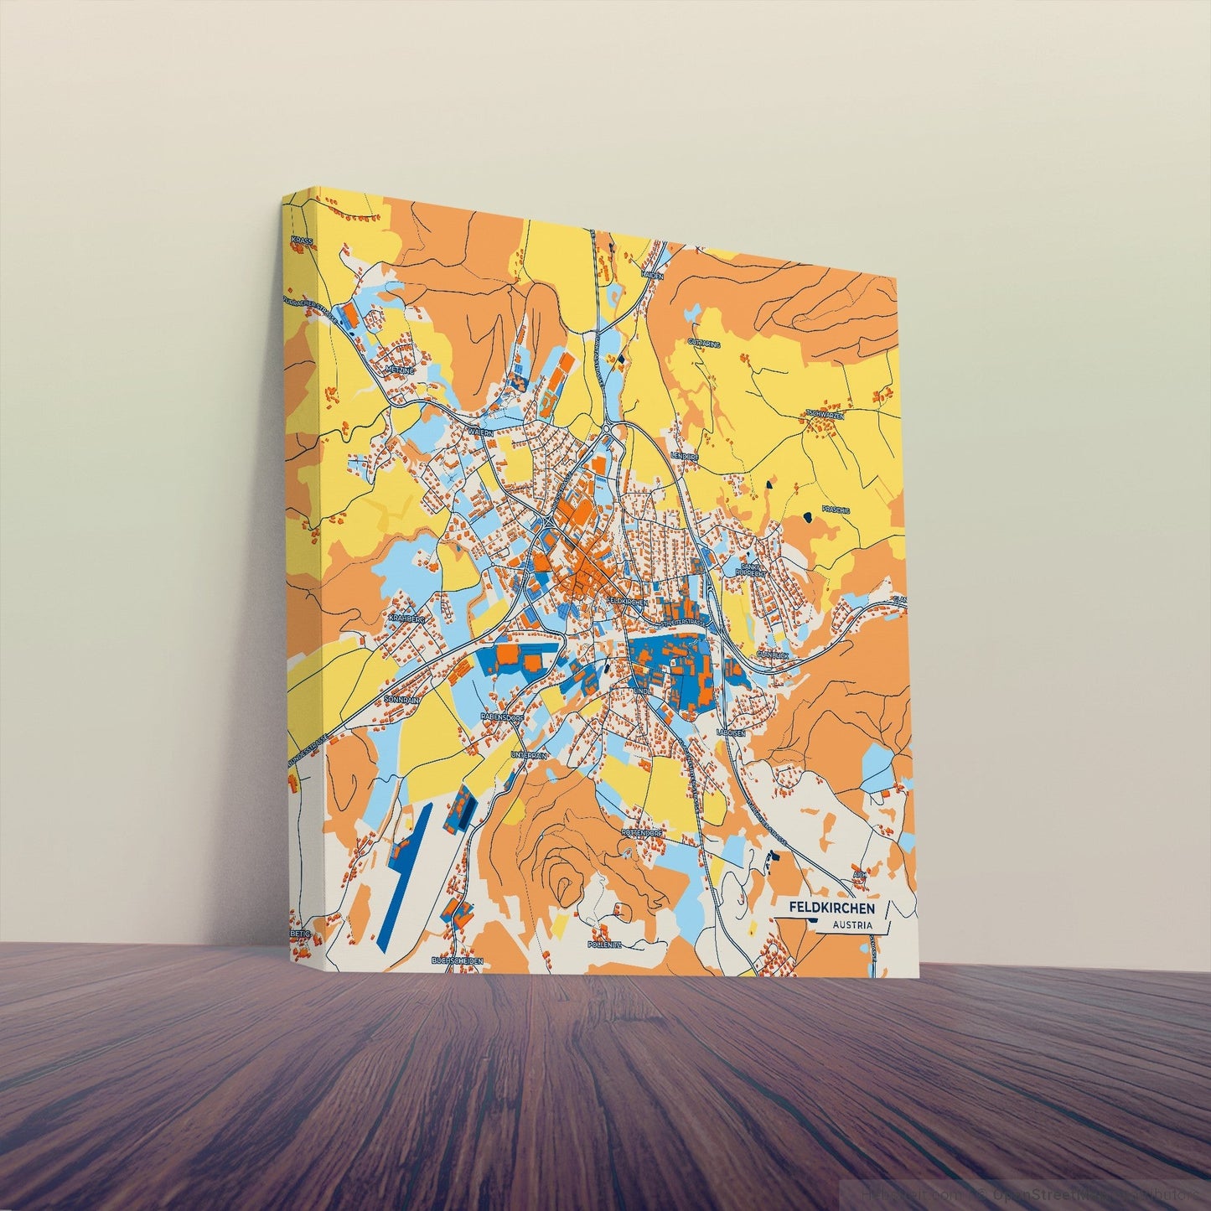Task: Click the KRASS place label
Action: click(x=302, y=241)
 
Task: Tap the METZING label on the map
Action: click(x=401, y=370)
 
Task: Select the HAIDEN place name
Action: click(x=652, y=274)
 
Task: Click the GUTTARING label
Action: click(x=704, y=343)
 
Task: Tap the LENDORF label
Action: click(x=685, y=455)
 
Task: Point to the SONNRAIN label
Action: click(x=400, y=698)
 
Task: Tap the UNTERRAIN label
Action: click(x=528, y=754)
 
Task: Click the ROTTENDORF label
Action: click(x=642, y=833)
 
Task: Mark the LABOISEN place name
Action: click(x=731, y=732)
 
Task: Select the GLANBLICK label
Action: click(x=773, y=654)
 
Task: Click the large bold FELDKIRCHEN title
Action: click(x=832, y=908)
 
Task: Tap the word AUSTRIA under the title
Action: click(x=851, y=925)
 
